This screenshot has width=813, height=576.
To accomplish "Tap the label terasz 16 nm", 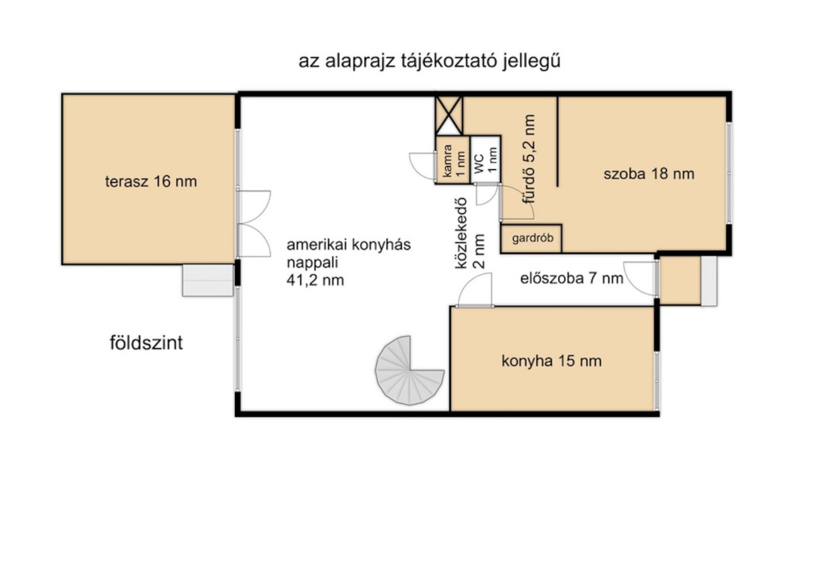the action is click(x=151, y=182).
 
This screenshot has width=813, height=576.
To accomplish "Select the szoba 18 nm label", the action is click(x=649, y=173).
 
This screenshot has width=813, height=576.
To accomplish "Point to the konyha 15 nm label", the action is click(x=551, y=361).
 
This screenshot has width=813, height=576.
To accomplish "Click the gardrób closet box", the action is click(x=531, y=238).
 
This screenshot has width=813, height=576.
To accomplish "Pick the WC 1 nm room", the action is click(x=486, y=160).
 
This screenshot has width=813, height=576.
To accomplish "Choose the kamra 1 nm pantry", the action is click(x=453, y=160).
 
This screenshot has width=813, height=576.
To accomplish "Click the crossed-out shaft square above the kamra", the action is click(x=449, y=115).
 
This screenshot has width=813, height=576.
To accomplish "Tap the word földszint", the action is click(x=146, y=343).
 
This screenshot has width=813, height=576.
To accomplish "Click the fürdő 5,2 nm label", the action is click(x=529, y=159).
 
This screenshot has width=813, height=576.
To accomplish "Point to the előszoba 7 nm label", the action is click(x=572, y=279).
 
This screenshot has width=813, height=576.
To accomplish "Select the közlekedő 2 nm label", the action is click(x=470, y=234).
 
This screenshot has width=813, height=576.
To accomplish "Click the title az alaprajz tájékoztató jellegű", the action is click(x=430, y=61).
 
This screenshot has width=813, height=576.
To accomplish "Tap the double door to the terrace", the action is click(x=254, y=224).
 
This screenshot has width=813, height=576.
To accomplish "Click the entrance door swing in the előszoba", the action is click(x=641, y=279).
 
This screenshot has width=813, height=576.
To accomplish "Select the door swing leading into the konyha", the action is click(x=475, y=291).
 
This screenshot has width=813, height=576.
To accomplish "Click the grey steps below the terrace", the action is click(x=208, y=280).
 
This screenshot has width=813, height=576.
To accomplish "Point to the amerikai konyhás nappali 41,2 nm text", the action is click(x=349, y=262).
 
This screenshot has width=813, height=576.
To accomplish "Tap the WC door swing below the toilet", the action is click(x=488, y=194).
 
